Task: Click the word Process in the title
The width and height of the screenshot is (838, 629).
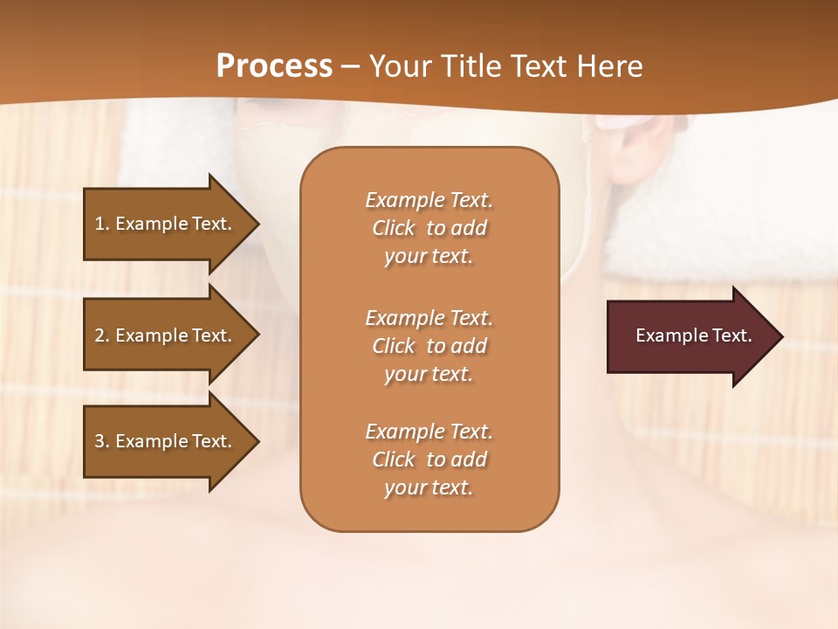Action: pyautogui.click(x=274, y=66)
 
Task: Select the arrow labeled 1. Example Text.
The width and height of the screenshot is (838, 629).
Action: pyautogui.click(x=166, y=224)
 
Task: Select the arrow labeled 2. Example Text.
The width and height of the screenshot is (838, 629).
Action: pyautogui.click(x=166, y=335)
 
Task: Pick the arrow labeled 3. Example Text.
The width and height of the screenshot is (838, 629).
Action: pyautogui.click(x=166, y=441)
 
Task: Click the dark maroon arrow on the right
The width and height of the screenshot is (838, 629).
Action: pyautogui.click(x=690, y=336)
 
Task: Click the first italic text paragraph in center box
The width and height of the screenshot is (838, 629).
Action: pyautogui.click(x=429, y=228)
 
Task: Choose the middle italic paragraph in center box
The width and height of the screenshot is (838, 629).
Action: pyautogui.click(x=429, y=346)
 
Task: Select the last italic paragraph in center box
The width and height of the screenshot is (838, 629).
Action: pyautogui.click(x=429, y=460)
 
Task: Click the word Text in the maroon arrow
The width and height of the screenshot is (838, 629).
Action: pyautogui.click(x=733, y=335)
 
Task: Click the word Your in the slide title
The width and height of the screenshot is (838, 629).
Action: pyautogui.click(x=401, y=66)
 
